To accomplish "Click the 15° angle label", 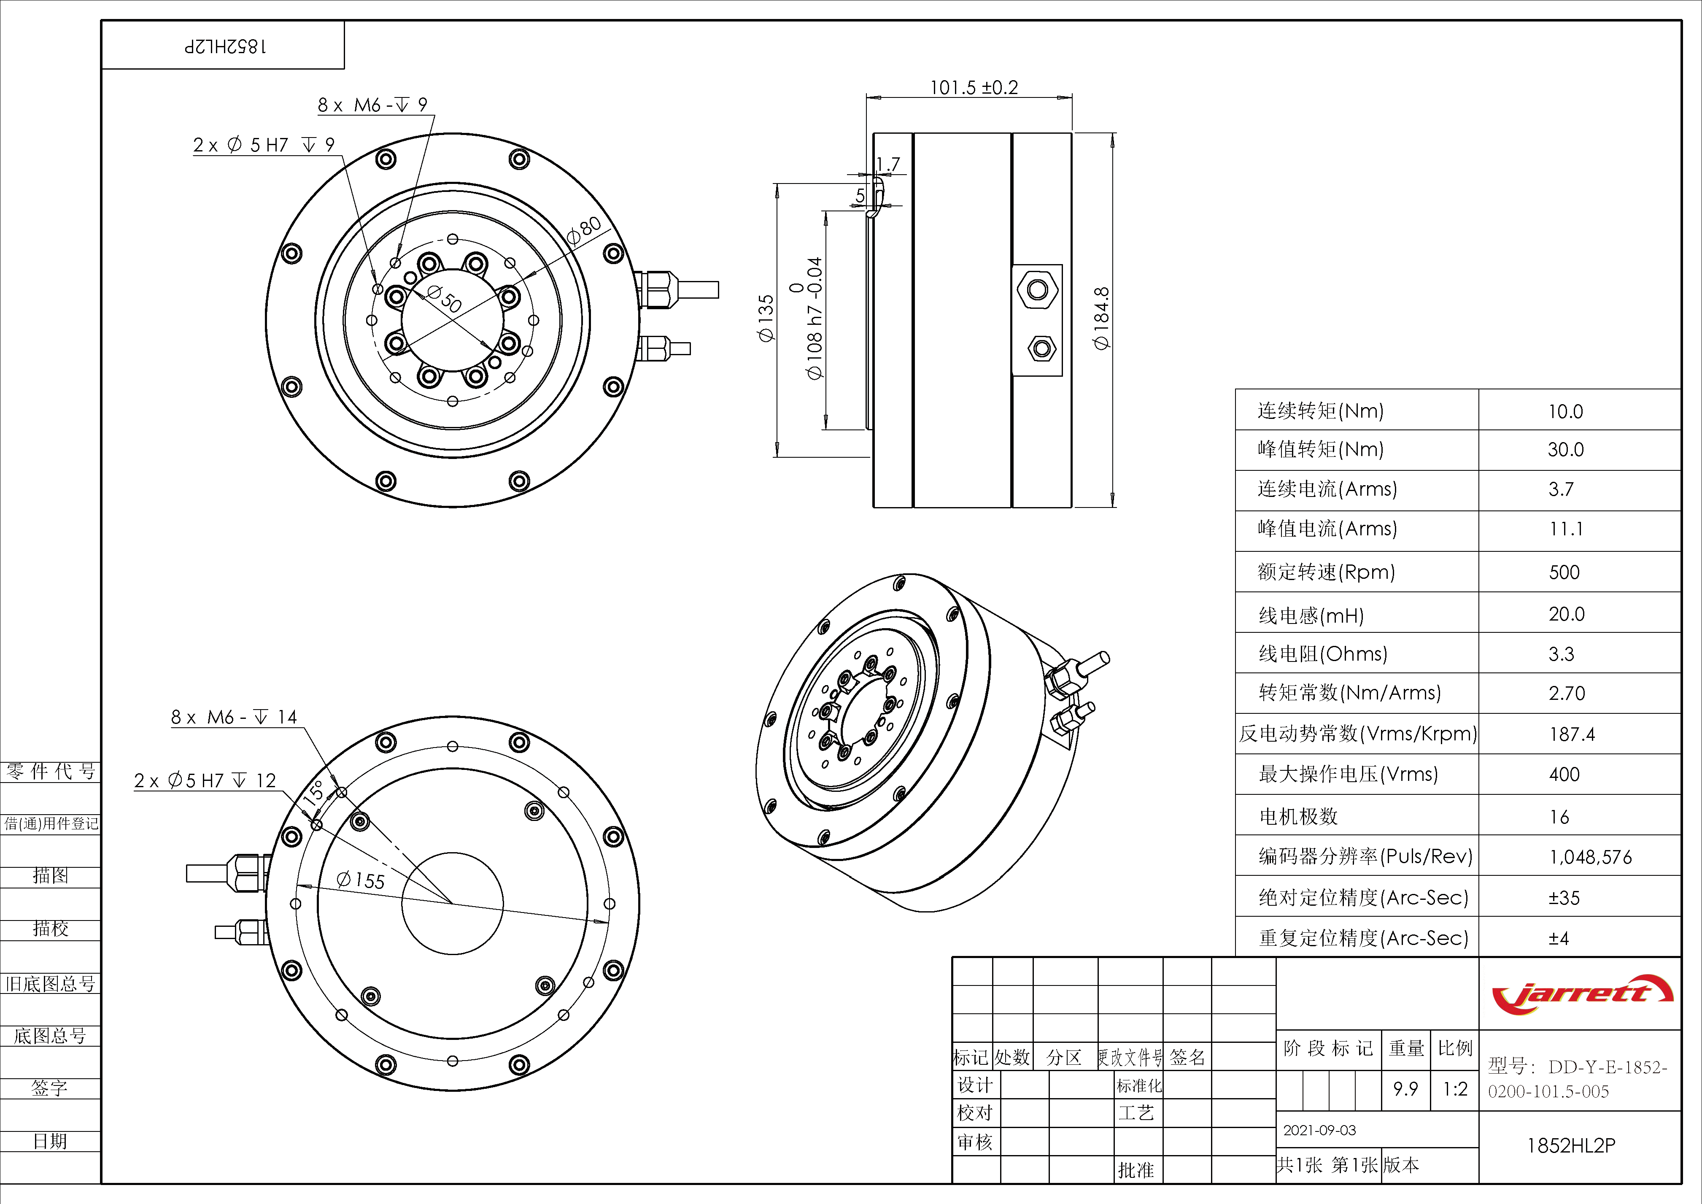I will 314,793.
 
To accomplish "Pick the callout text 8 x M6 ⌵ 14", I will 234,717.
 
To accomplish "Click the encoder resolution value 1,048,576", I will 1590,857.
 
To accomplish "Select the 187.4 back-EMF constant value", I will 1572,734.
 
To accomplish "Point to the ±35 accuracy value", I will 1564,898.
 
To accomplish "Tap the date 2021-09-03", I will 1319,1130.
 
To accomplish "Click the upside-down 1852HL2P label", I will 225,46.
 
